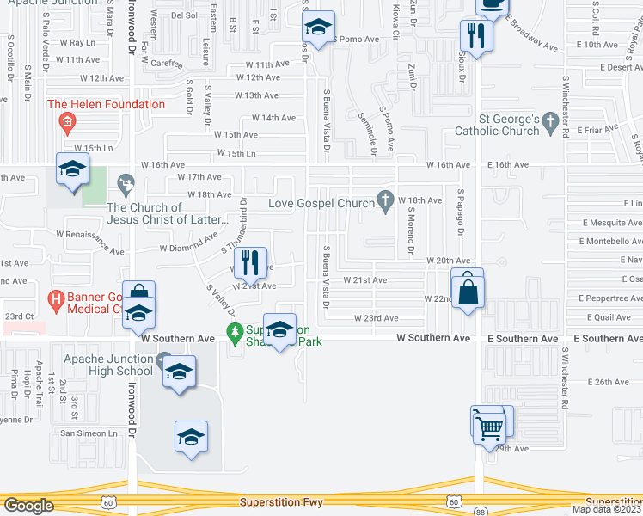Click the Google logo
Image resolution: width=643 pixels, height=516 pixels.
pos(28,506)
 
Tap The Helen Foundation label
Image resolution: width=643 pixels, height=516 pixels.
pos(107,105)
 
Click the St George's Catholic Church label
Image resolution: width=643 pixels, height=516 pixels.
pos(508,125)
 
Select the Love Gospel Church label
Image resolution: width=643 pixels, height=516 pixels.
pos(321,204)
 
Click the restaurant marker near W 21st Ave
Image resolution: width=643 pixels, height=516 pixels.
pos(250,262)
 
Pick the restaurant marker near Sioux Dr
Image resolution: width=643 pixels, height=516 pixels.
pos(474,37)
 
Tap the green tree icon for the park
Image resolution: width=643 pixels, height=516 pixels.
pos(232,331)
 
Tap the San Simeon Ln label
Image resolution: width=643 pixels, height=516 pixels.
pos(89,433)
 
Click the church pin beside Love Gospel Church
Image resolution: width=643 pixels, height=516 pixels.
pos(386,200)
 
